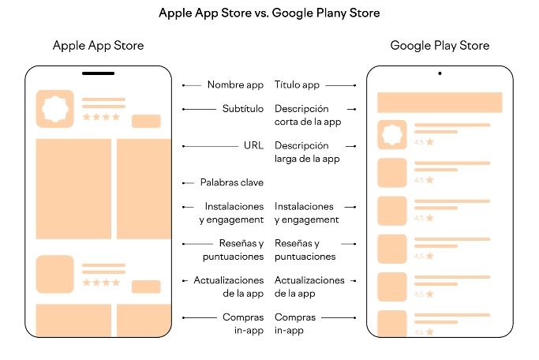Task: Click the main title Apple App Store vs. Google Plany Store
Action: pyautogui.click(x=269, y=13)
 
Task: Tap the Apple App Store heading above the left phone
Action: pyautogui.click(x=98, y=46)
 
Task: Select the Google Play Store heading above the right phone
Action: pyautogui.click(x=440, y=46)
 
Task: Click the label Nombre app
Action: pyautogui.click(x=235, y=84)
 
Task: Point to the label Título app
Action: pyautogui.click(x=297, y=84)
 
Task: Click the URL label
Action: pyautogui.click(x=253, y=146)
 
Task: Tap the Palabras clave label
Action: pyautogui.click(x=232, y=182)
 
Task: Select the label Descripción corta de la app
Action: pyautogui.click(x=308, y=115)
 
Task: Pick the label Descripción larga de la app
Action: pyautogui.click(x=307, y=152)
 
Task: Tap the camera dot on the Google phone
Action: pyautogui.click(x=440, y=73)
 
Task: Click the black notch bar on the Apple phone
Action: pyautogui.click(x=98, y=74)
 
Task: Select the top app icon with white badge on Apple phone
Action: pyautogui.click(x=55, y=108)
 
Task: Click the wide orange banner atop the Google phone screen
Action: pyautogui.click(x=440, y=103)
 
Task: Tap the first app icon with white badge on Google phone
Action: pyautogui.click(x=391, y=135)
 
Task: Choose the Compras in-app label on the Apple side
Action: pyautogui.click(x=243, y=324)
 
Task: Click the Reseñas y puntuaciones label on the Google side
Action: pyautogui.click(x=305, y=250)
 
